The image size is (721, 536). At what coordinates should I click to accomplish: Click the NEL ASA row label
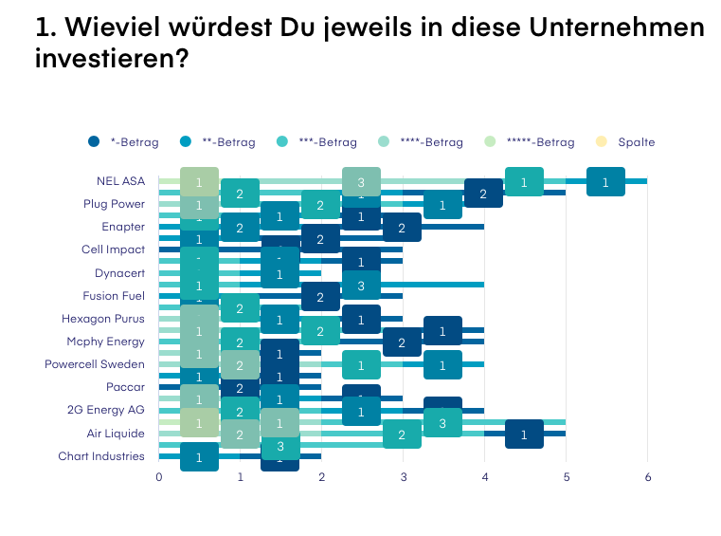click(x=120, y=180)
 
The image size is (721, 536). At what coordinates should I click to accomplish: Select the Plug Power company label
click(x=114, y=204)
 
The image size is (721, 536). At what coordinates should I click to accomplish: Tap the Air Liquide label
click(x=117, y=434)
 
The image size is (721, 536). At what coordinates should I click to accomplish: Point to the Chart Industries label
click(x=101, y=456)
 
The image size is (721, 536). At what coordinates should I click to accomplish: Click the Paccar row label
click(x=126, y=387)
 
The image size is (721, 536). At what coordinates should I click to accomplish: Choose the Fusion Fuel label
click(x=114, y=296)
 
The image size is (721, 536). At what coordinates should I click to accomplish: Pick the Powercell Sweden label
click(x=95, y=364)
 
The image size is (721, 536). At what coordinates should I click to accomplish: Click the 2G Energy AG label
click(x=107, y=410)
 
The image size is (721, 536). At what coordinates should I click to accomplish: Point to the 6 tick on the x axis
click(x=648, y=477)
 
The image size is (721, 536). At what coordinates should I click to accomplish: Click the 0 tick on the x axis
click(x=159, y=477)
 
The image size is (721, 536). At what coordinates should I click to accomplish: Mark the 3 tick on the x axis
click(x=404, y=477)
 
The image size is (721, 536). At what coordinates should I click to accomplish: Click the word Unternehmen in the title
click(x=624, y=28)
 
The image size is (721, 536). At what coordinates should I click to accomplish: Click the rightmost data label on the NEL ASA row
click(x=605, y=181)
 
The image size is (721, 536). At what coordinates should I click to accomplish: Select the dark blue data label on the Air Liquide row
click(x=524, y=434)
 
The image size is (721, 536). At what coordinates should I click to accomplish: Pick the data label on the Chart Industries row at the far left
click(x=199, y=457)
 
